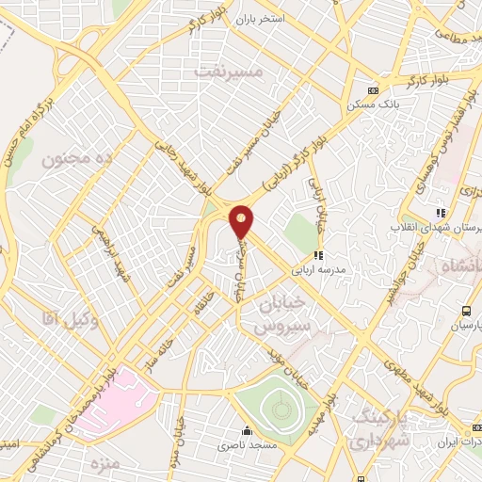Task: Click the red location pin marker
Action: tap(242, 221)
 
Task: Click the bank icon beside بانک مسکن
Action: tap(373, 90)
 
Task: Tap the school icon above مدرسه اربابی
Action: tap(319, 254)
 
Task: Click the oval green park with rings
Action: tap(279, 406)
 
